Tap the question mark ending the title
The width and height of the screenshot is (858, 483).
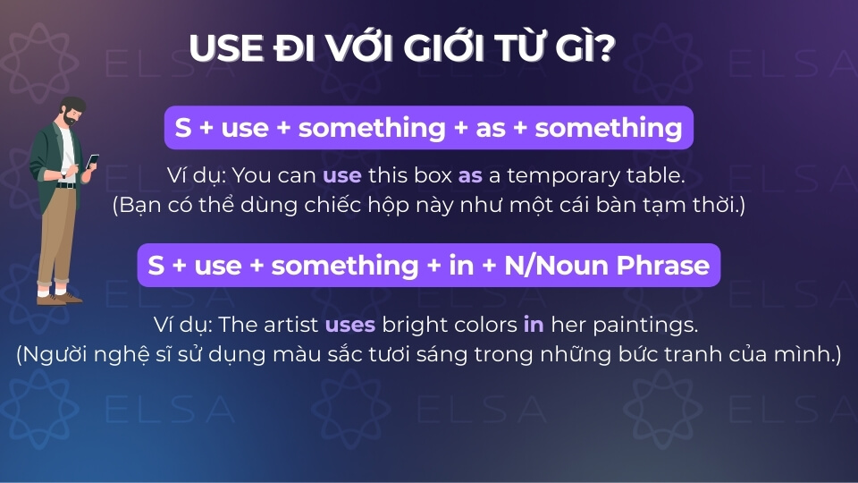pos(605,48)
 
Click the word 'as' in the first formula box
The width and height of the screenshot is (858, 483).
pos(491,128)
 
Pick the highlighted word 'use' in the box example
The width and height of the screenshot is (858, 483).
pos(342,176)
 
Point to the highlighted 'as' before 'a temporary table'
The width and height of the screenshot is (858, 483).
pos(470,176)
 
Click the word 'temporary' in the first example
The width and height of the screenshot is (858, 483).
pos(563,177)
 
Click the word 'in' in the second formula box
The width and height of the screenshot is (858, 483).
pos(461,265)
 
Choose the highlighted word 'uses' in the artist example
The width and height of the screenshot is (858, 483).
pos(350,325)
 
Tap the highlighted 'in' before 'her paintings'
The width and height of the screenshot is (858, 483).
pos(534,324)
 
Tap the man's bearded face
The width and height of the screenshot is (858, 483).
pos(73,114)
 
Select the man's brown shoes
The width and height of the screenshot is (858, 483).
pos(59,299)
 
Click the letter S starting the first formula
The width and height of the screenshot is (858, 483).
pos(183,128)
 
